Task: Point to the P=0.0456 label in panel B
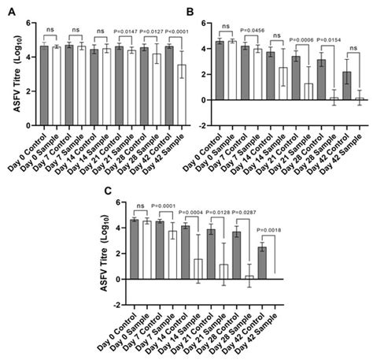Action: (257, 32)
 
